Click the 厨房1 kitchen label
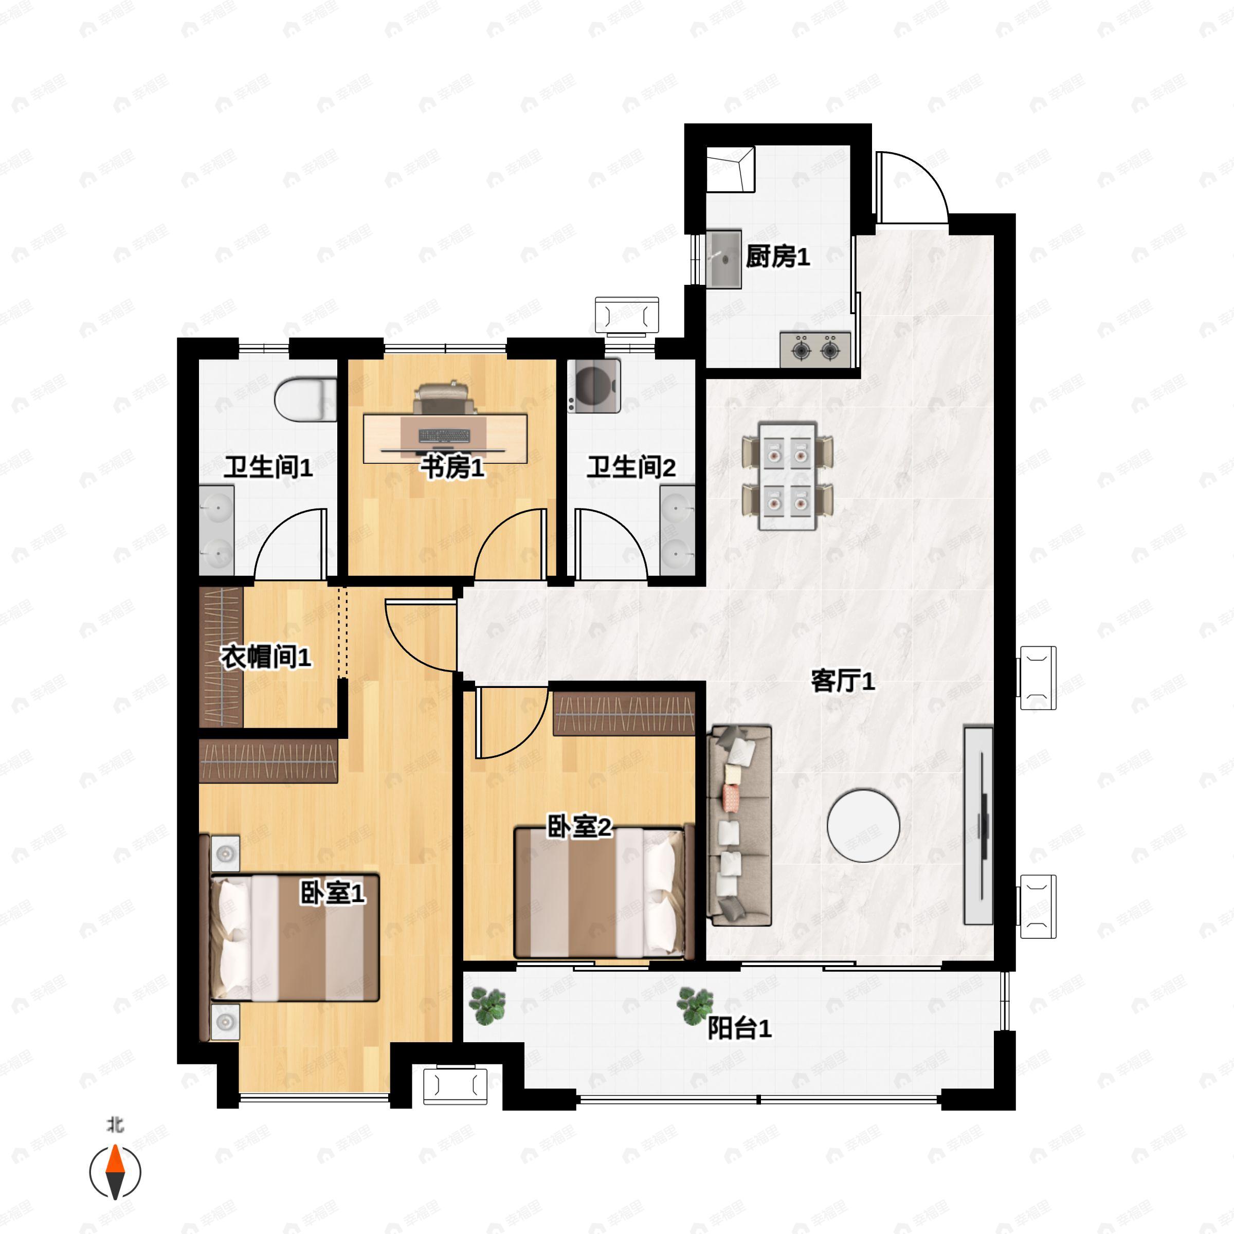tap(778, 258)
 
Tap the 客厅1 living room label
tap(843, 681)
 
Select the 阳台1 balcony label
tap(740, 1029)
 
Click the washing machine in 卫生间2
tap(594, 385)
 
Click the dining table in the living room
tap(788, 476)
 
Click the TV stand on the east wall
tap(978, 825)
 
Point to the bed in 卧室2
tap(604, 892)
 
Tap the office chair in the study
tap(445, 398)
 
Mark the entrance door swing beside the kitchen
tap(912, 187)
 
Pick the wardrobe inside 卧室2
tap(624, 714)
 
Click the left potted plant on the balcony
tap(488, 1006)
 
